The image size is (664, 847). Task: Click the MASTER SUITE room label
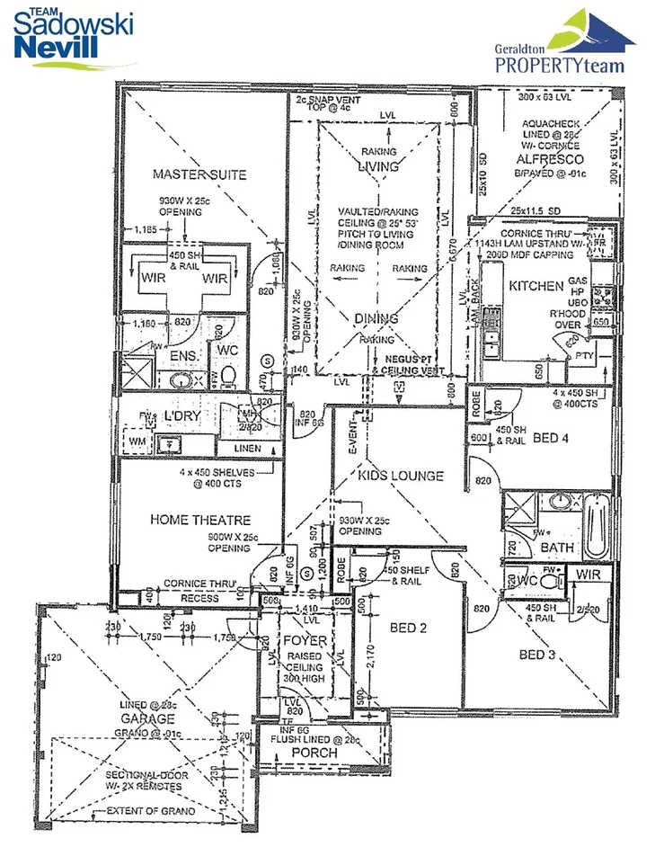[199, 174]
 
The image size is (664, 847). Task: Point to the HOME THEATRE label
[199, 520]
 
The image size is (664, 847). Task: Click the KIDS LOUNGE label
[401, 475]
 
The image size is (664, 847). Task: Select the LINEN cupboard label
[246, 448]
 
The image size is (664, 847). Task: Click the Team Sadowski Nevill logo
[75, 33]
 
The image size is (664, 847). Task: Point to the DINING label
[376, 318]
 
